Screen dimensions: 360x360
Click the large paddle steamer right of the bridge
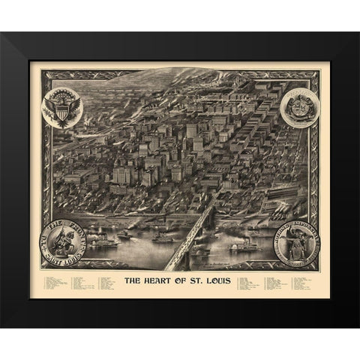pos(242,245)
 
